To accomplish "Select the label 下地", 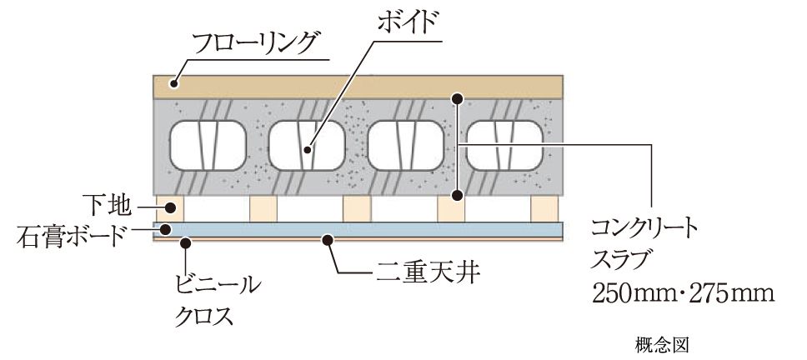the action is [x=107, y=207].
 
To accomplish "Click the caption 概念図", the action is [x=662, y=344].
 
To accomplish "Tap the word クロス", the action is [x=203, y=315].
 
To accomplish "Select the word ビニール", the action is [x=215, y=285].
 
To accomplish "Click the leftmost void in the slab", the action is [x=208, y=145].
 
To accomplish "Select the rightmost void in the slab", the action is [x=504, y=145].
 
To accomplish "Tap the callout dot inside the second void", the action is [x=308, y=150].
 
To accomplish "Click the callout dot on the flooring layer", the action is [x=175, y=82].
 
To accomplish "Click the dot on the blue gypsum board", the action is [x=166, y=229].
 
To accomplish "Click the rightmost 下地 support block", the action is [x=544, y=208].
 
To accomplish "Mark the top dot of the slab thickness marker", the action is [x=457, y=97].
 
